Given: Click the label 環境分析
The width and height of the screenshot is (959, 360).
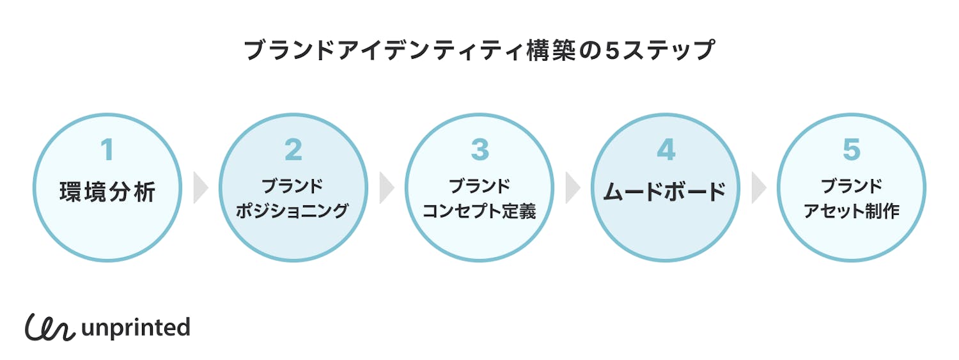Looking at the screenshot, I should point(107,192).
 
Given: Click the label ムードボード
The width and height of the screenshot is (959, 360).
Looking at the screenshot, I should point(666,191).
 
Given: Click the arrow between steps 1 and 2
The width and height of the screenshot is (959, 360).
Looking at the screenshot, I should point(201,187).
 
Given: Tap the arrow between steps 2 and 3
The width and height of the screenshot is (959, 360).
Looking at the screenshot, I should point(387,187).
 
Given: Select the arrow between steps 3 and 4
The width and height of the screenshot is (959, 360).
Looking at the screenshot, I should point(573,187).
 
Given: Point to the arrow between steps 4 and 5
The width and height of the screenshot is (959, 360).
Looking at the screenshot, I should point(759,187).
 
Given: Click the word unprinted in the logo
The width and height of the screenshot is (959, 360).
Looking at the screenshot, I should point(136,327).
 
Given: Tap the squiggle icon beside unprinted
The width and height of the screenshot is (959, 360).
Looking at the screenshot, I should point(50,327).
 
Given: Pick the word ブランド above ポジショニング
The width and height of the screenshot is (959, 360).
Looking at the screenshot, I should point(293,186).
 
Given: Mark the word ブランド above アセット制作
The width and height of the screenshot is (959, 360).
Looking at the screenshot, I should point(852,186).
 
